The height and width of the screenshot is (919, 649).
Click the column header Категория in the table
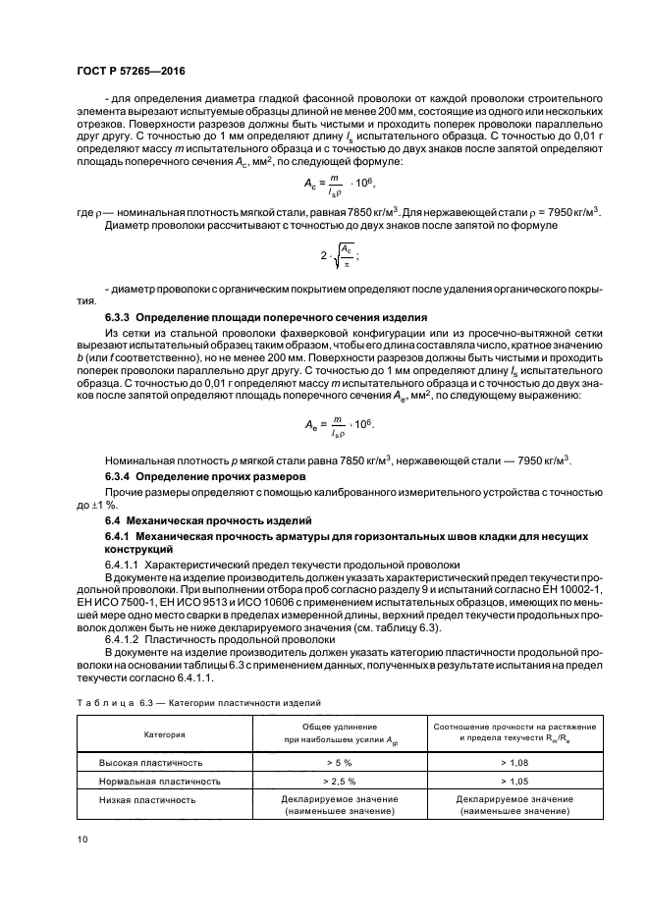[165, 733]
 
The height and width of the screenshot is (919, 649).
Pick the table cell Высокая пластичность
[150, 762]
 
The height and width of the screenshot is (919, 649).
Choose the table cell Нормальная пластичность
[158, 782]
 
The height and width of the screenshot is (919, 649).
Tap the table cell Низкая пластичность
[148, 799]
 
